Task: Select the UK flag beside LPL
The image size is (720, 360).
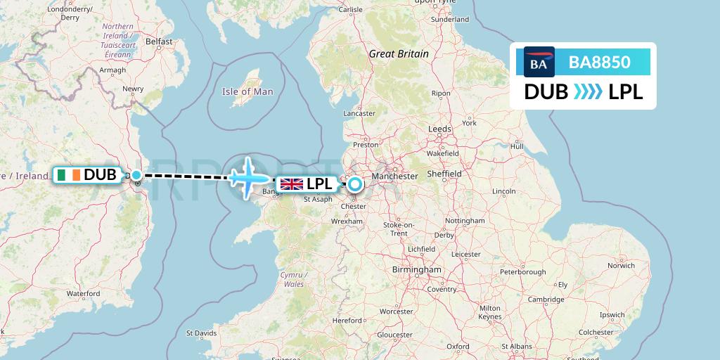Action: pos(291,185)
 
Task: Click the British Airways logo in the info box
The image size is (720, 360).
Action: pos(539,63)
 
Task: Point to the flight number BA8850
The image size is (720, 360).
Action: pos(600,63)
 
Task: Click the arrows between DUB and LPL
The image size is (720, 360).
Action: pos(588,92)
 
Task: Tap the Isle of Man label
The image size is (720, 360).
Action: pos(247,91)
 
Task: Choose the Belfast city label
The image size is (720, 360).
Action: pos(159,41)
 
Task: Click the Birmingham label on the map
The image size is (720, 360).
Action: pos(417,269)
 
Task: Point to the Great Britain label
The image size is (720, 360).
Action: pos(399,53)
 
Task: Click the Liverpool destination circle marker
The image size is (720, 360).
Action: pos(355,185)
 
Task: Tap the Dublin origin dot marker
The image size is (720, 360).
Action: pos(136,175)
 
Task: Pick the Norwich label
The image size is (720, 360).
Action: pos(622,266)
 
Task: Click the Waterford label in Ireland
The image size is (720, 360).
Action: pos(83,293)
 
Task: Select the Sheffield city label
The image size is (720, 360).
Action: pos(444,174)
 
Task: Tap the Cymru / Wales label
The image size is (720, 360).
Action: pos(292,279)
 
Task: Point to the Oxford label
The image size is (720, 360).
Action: pos(457,347)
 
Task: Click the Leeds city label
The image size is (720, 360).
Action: pos(440,129)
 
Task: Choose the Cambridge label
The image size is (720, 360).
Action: pos(546,300)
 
